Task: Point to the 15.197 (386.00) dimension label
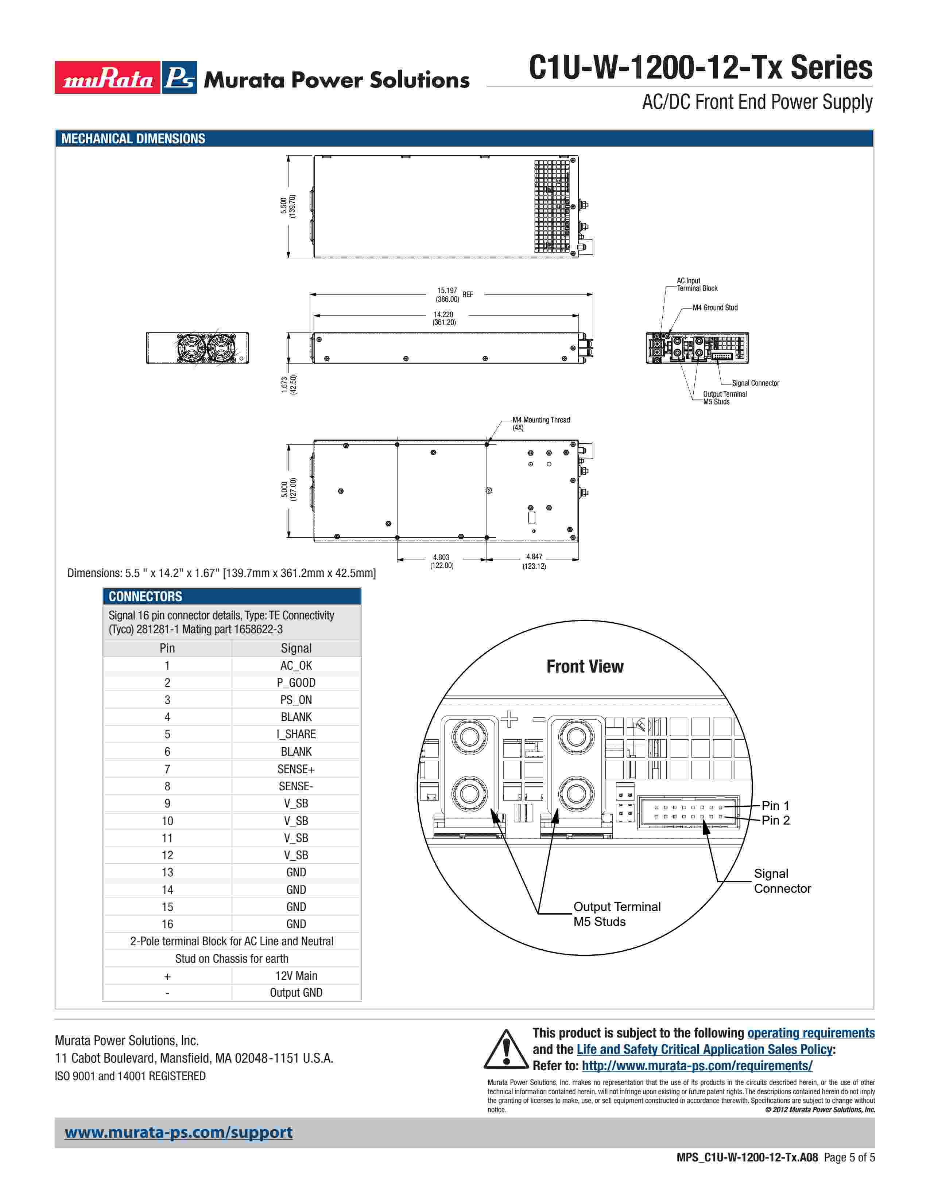(x=447, y=295)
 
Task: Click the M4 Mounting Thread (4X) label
(x=540, y=424)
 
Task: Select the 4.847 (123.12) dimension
(x=534, y=561)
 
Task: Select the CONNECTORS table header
(x=146, y=596)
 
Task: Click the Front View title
(x=585, y=666)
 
